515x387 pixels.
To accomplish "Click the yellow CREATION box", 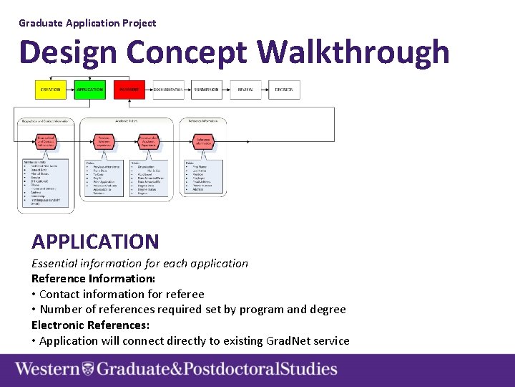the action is (50, 90).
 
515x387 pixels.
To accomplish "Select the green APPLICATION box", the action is (89, 90).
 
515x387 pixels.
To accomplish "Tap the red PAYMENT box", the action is (129, 90).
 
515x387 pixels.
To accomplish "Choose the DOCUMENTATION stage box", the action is (168, 90).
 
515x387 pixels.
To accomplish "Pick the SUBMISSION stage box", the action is (207, 90).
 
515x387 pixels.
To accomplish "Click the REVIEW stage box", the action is (246, 90).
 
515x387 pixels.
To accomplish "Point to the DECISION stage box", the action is (285, 90).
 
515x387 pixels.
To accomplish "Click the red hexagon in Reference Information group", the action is (203, 142).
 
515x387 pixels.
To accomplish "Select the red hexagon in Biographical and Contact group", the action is (46, 142).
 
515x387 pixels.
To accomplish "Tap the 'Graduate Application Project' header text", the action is (87, 23).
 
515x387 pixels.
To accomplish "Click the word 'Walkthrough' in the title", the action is (353, 52).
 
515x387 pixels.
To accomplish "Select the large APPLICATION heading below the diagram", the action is (95, 242).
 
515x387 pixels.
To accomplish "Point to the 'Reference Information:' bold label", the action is (94, 278).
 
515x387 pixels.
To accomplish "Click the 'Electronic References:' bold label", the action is (90, 325).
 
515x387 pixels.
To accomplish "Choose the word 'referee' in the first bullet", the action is (185, 294).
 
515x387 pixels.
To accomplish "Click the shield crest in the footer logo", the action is (87, 370).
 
